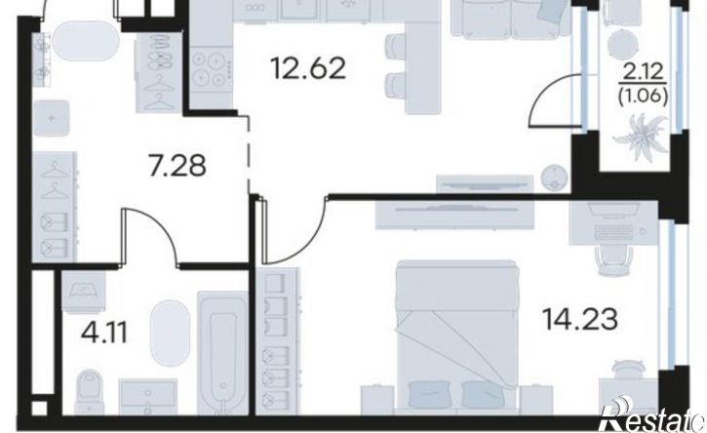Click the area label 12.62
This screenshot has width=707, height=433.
(x=308, y=68)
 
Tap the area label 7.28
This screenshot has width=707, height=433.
(x=177, y=165)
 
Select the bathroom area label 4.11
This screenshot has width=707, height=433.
(x=104, y=334)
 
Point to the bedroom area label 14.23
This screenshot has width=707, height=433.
(x=580, y=319)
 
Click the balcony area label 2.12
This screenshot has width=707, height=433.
(x=643, y=72)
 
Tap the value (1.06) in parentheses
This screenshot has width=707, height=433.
(x=643, y=97)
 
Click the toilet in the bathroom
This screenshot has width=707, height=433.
(x=90, y=392)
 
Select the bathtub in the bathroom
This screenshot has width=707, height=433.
(x=223, y=353)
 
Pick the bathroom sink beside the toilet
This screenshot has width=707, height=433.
(x=147, y=397)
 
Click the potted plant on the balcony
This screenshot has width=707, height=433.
(x=642, y=135)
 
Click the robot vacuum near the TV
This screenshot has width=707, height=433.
(x=554, y=177)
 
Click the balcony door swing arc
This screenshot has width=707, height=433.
(x=545, y=96)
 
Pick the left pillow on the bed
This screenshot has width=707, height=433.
(x=429, y=392)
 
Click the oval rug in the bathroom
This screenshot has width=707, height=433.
(x=170, y=332)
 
